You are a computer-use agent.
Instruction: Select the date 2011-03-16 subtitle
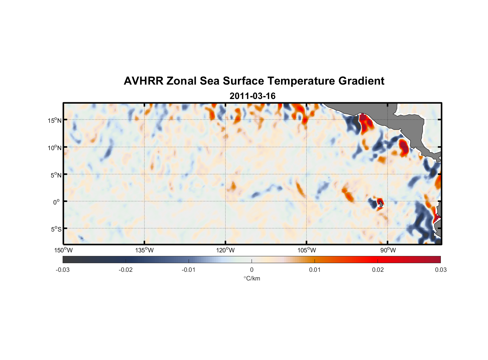(x=252, y=96)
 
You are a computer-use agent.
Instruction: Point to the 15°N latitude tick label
(x=55, y=120)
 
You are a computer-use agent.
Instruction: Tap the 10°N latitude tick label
(x=55, y=148)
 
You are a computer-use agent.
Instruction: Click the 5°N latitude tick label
(x=56, y=175)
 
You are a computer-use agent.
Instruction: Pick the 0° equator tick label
(x=57, y=202)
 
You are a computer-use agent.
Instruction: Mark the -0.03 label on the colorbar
(x=63, y=270)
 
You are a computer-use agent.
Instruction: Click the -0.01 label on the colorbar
(x=189, y=270)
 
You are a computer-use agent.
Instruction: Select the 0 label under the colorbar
(x=252, y=270)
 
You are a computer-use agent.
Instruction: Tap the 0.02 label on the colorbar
(x=378, y=270)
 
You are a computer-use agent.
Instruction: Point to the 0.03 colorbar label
(x=440, y=270)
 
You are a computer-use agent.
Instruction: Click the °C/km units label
(x=252, y=278)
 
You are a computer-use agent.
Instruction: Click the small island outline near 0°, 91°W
(x=380, y=204)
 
